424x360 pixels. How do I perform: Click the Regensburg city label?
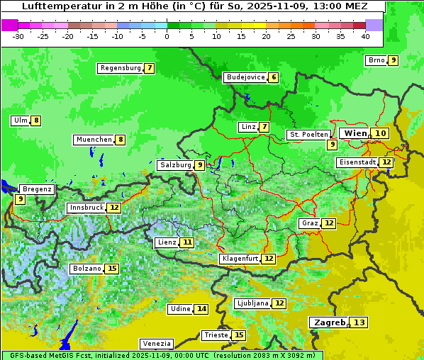[121, 68]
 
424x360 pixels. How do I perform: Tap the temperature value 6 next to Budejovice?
[273, 77]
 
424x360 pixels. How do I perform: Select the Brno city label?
[376, 60]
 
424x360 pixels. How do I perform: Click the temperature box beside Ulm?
[36, 120]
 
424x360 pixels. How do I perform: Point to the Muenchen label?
[94, 140]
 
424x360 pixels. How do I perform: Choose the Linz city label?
[247, 127]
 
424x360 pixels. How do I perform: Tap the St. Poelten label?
[308, 134]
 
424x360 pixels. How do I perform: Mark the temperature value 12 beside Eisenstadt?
[386, 162]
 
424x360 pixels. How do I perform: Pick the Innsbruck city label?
[86, 208]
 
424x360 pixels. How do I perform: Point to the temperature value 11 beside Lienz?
[187, 242]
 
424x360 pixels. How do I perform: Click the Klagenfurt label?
[239, 259]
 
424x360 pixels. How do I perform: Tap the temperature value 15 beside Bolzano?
[112, 269]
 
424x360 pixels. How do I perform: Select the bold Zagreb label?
[328, 322]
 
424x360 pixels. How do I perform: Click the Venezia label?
[156, 343]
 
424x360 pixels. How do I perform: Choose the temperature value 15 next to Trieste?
[239, 335]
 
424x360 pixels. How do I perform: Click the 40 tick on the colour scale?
[365, 36]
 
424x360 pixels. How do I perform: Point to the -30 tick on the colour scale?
[18, 36]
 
